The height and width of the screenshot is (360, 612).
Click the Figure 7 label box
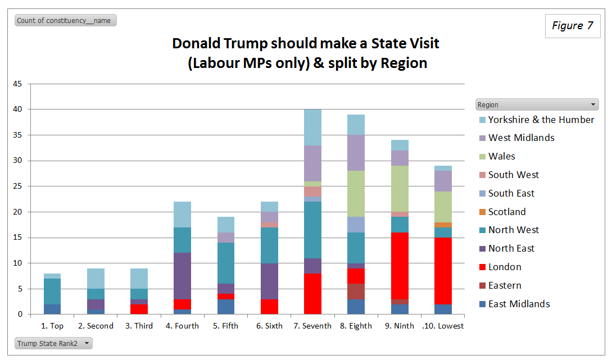tap(573, 26)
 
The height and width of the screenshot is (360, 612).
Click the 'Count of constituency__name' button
tap(65, 21)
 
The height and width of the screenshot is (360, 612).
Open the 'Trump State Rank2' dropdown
tap(54, 343)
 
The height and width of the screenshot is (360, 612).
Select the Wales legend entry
tap(501, 156)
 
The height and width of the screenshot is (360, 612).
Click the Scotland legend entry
tap(507, 212)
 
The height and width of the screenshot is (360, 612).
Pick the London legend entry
tap(505, 267)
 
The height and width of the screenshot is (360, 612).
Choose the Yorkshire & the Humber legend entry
tap(541, 120)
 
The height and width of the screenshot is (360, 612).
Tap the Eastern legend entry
tap(505, 285)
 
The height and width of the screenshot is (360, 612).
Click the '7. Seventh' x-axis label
tap(312, 326)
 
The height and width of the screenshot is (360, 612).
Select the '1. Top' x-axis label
tap(52, 326)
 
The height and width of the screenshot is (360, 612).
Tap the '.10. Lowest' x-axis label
tap(442, 326)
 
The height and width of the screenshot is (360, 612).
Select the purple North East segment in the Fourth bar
tap(183, 276)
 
